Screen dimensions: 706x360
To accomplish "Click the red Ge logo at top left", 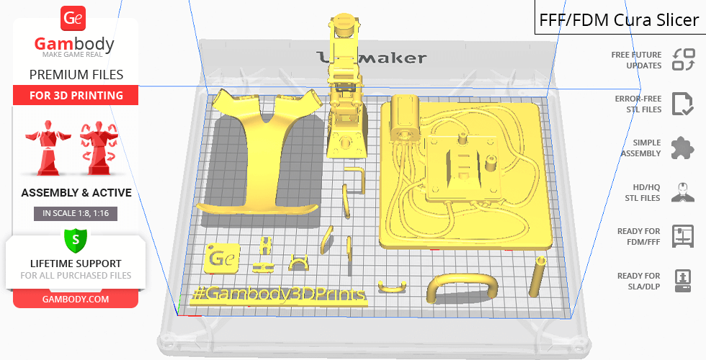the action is coord(73,18).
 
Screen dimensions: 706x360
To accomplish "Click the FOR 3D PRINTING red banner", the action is coord(76,95).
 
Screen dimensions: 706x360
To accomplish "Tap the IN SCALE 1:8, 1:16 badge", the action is coord(76,213).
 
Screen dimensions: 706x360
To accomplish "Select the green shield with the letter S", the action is coord(76,240).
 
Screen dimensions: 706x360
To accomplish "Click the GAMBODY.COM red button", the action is coord(76,300).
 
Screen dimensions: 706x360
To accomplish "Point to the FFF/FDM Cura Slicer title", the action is coord(619,20).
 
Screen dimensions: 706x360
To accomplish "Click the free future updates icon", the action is coord(684,60).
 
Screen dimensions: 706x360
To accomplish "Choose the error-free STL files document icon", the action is coord(683,104).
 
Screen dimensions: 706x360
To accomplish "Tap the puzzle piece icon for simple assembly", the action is coord(683,148).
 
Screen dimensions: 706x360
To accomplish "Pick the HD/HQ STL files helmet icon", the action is coord(683,192).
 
